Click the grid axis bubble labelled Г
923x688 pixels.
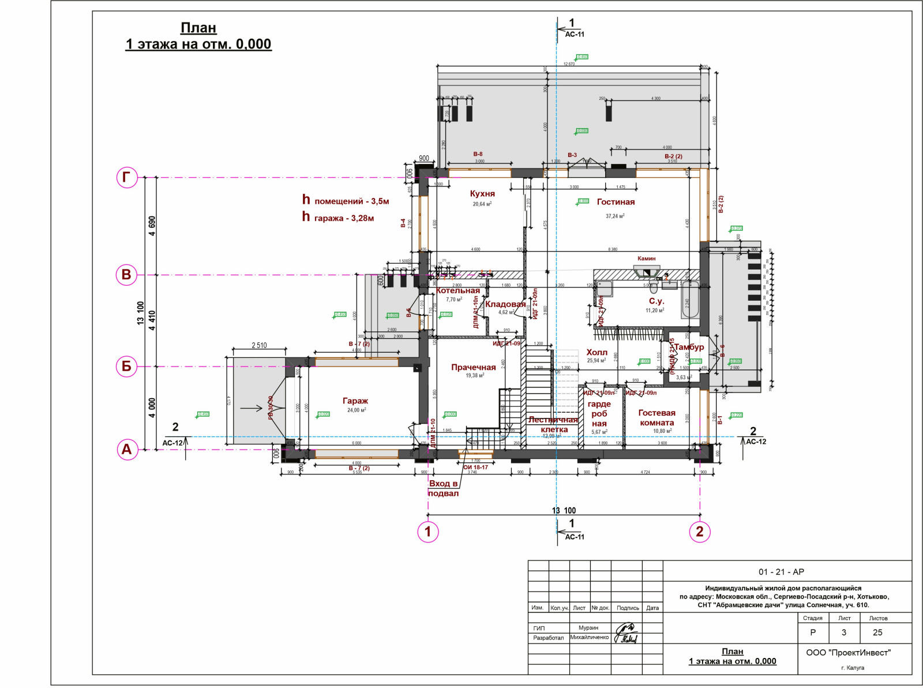tap(127, 177)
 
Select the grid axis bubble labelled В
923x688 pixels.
tap(127, 275)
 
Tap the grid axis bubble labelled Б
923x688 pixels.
tap(127, 366)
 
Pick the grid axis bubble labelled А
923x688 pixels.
tap(127, 449)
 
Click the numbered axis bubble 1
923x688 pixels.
tap(427, 532)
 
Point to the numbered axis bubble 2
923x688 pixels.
tap(700, 532)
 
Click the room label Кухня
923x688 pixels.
tap(482, 194)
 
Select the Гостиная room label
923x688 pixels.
tap(616, 202)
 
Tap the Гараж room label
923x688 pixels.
tap(355, 401)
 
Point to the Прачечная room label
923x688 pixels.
tap(473, 367)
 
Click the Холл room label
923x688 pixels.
tap(596, 352)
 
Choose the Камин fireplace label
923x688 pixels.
tap(646, 259)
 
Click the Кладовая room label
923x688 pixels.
tap(505, 304)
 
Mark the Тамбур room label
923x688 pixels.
tap(689, 347)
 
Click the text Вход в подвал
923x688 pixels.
tap(443, 488)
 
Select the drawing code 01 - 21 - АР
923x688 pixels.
tap(781, 572)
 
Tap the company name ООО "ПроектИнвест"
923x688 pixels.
tap(848, 652)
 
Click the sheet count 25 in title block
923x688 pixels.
tap(877, 633)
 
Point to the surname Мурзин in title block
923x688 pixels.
tap(588, 627)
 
